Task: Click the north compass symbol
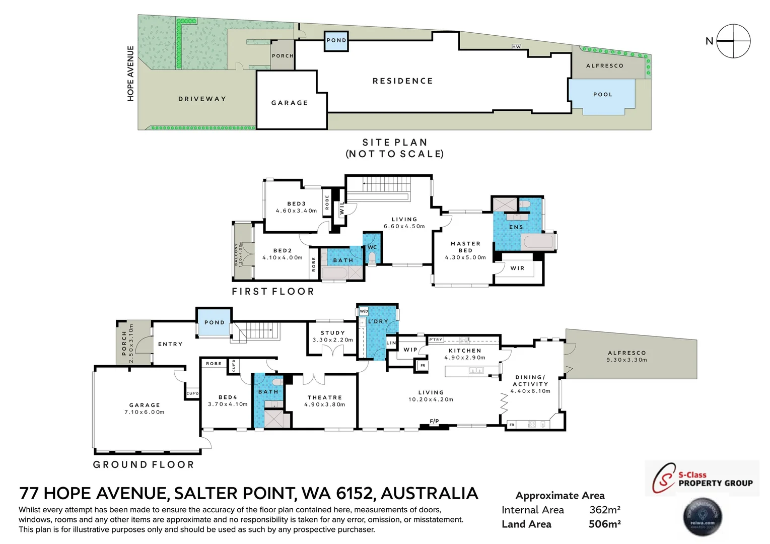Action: (733, 41)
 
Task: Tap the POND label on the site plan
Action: (336, 40)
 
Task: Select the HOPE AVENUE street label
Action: (131, 74)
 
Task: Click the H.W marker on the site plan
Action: (516, 47)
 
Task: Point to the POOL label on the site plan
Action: (603, 95)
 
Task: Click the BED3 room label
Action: (297, 204)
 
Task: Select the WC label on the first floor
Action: (372, 247)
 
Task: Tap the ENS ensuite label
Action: (516, 227)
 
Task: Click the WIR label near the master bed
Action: (517, 268)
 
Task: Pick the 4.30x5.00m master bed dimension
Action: (465, 257)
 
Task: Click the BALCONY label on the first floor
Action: (236, 254)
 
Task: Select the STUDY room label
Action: (333, 333)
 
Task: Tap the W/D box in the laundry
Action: (364, 311)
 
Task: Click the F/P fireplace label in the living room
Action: (434, 421)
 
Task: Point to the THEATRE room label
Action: (325, 397)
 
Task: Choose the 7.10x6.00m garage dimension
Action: (145, 412)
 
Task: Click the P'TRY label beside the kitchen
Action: (436, 340)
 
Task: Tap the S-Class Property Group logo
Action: (702, 479)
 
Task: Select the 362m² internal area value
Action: (605, 510)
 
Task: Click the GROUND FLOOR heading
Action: (144, 464)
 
